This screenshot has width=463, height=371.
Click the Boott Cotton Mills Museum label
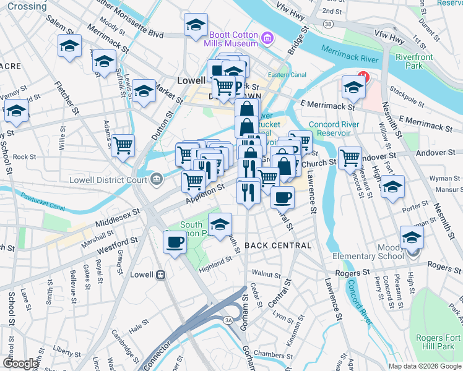pyautogui.click(x=233, y=39)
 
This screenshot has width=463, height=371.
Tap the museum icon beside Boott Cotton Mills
pyautogui.click(x=267, y=39)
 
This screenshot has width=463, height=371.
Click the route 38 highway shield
pyautogui.click(x=328, y=23)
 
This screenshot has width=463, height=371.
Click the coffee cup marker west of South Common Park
pyautogui.click(x=175, y=241)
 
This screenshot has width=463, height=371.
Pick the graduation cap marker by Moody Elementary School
pyautogui.click(x=412, y=237)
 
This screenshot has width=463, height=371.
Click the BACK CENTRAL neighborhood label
pyautogui.click(x=277, y=245)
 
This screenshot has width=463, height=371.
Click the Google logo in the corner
pyautogui.click(x=20, y=364)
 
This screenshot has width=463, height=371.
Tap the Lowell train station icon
pyautogui.click(x=160, y=274)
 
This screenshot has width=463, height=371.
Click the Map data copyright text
pyautogui.click(x=425, y=366)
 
